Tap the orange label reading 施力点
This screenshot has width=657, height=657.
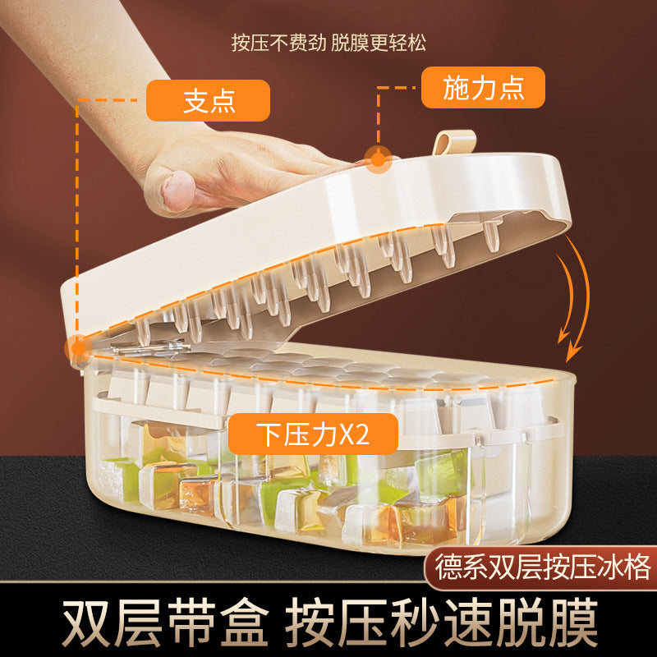click(483, 88)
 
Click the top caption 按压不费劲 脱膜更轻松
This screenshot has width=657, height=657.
click(328, 42)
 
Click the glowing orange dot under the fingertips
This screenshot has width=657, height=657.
click(378, 159)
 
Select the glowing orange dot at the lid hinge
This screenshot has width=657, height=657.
click(76, 347)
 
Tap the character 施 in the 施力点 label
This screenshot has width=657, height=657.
click(457, 88)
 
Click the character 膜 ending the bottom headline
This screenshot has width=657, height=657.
click(576, 621)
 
